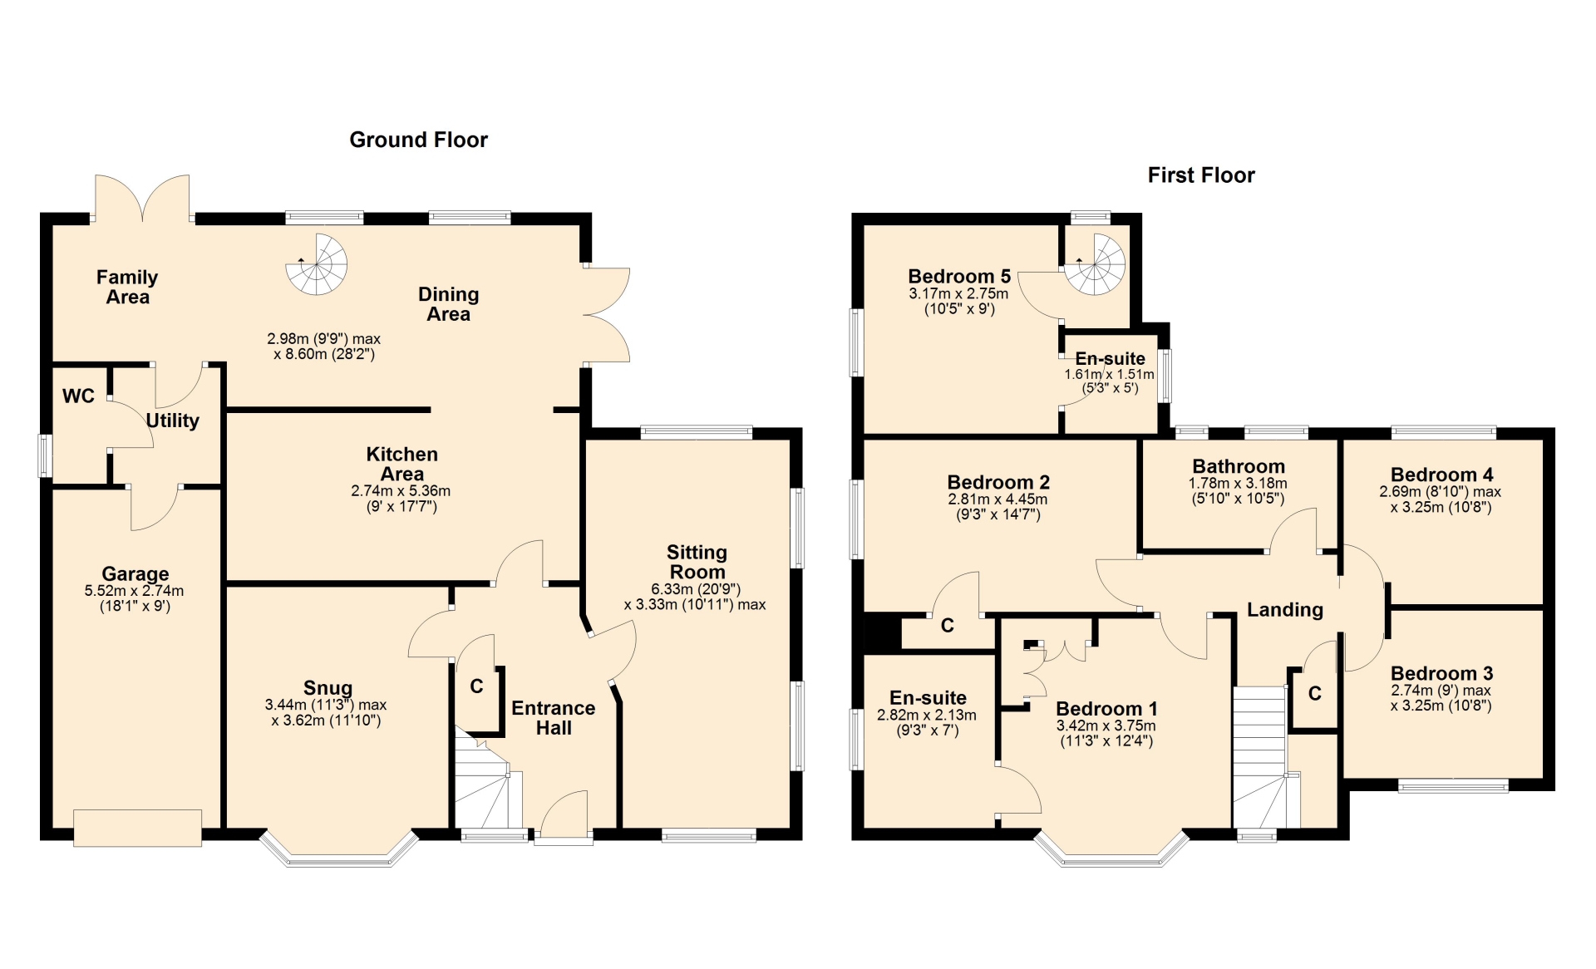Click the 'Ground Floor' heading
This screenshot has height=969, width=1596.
point(418,140)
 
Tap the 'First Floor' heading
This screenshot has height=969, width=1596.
point(1201,175)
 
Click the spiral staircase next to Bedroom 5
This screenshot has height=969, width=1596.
point(1095,264)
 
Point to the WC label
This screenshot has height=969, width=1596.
point(78,396)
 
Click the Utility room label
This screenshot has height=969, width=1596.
point(173,421)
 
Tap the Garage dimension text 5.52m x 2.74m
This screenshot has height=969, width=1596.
point(135,591)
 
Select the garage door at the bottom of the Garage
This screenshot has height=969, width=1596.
point(137,828)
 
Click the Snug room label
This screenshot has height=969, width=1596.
point(328,688)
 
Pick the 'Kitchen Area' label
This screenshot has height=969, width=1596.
point(402,464)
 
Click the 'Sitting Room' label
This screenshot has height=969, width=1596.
point(697,562)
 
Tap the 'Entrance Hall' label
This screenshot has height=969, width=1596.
point(554,718)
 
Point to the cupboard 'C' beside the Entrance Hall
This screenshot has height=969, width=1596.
point(476,686)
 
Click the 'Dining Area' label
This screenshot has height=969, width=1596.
point(449,303)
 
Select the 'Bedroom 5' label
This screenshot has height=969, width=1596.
point(959,276)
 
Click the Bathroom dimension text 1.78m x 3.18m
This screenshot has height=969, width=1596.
point(1238,483)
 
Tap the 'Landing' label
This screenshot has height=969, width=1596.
point(1285,610)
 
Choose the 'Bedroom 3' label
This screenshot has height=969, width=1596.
point(1442,673)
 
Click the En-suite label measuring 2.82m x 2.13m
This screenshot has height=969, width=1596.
point(929,698)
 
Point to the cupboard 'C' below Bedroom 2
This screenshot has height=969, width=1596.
point(947,626)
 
